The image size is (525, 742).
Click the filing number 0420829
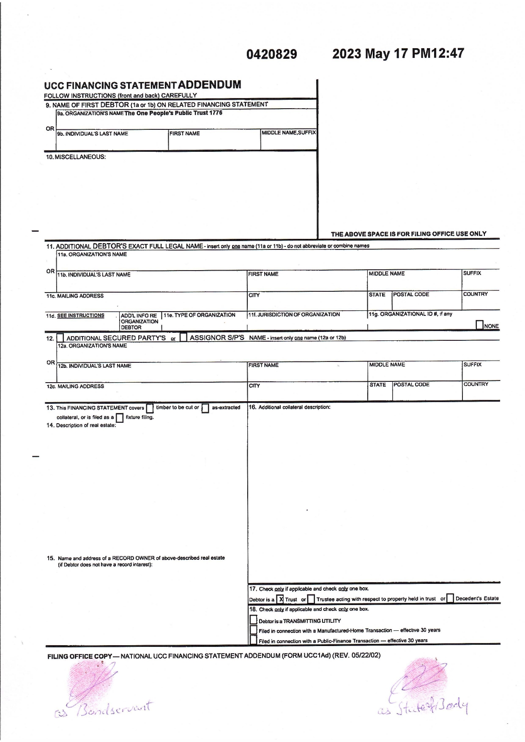click(x=272, y=55)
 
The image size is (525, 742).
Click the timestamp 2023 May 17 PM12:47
click(x=398, y=54)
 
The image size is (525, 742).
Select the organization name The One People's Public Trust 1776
click(x=173, y=113)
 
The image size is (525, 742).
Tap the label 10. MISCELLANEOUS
click(x=76, y=157)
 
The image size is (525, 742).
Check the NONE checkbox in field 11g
click(x=480, y=325)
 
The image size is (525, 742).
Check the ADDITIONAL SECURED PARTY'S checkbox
click(x=60, y=338)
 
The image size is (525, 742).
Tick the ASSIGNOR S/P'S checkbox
click(x=183, y=337)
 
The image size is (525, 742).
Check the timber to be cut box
click(x=150, y=408)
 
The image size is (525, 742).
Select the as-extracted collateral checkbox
click(x=205, y=408)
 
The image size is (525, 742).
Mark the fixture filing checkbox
click(x=120, y=418)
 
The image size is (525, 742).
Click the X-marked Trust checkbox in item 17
click(x=281, y=599)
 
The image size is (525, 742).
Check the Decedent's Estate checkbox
click(x=450, y=599)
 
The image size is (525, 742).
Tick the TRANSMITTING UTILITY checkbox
click(x=253, y=620)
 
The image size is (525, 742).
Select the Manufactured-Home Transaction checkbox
click(x=253, y=630)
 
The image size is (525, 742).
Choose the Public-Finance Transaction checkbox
click(x=253, y=641)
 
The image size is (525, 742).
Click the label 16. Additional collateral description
click(x=290, y=407)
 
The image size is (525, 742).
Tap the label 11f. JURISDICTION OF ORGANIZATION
click(x=294, y=315)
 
